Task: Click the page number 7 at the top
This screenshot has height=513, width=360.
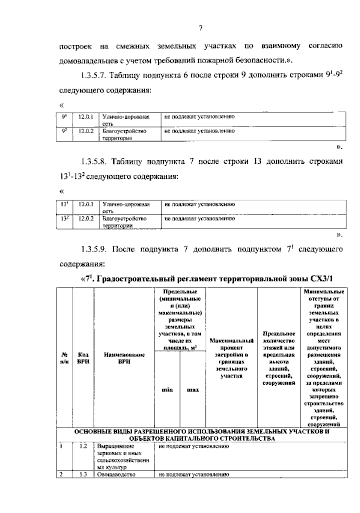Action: pyautogui.click(x=200, y=29)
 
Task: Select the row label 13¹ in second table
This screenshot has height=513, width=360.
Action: pyautogui.click(x=64, y=204)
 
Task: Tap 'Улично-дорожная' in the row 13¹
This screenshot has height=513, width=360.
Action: pyautogui.click(x=126, y=205)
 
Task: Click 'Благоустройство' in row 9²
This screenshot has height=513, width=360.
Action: pyautogui.click(x=124, y=131)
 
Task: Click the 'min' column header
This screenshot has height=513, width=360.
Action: pyautogui.click(x=167, y=390)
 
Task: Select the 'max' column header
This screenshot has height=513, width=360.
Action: pyautogui.click(x=193, y=390)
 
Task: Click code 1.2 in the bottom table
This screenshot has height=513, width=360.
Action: pyautogui.click(x=83, y=446)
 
